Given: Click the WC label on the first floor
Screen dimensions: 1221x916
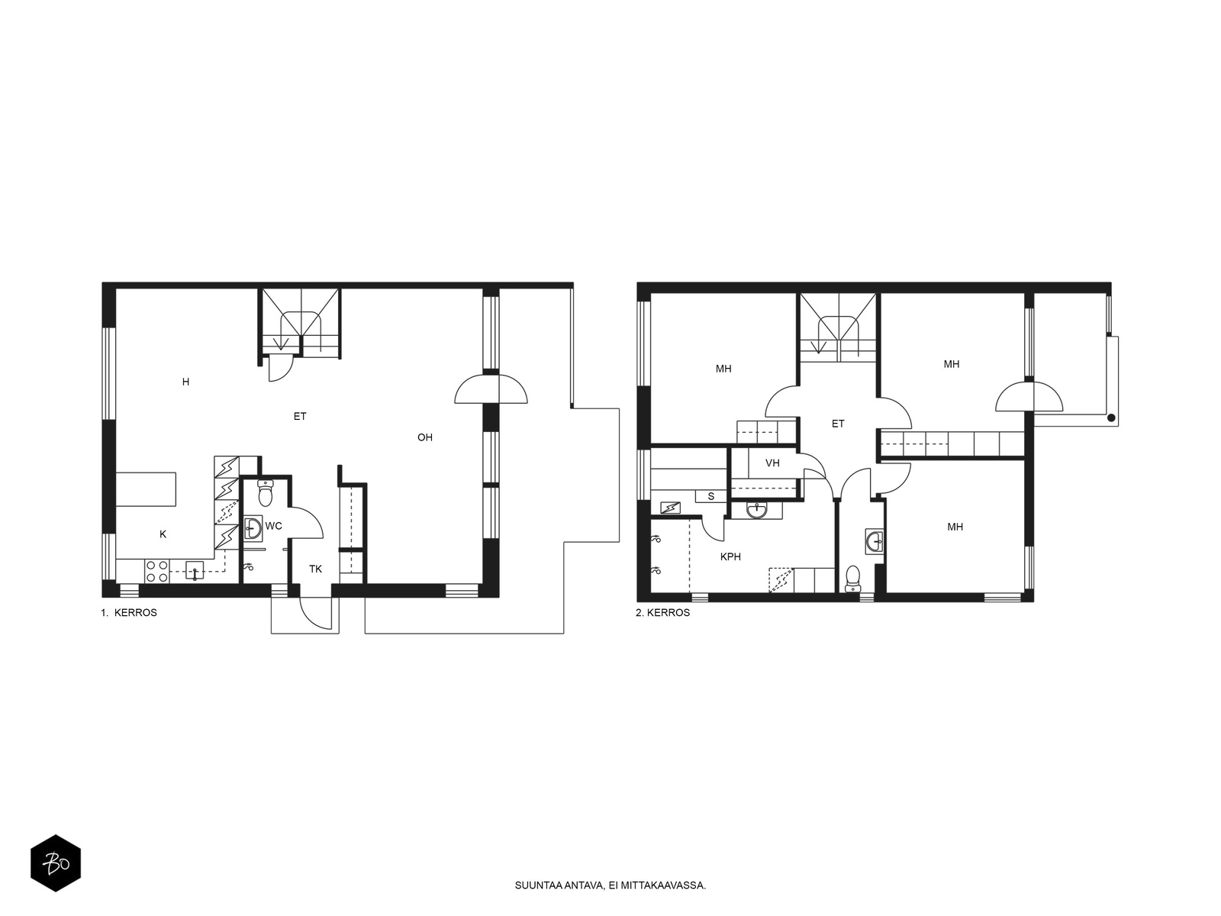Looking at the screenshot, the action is point(274,526).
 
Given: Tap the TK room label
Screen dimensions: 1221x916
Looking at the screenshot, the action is point(315,569).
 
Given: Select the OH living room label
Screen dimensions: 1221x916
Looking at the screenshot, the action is point(425,437).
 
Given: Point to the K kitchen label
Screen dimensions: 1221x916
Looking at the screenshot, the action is point(163,534).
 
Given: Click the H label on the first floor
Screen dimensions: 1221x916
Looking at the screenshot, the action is point(185,382).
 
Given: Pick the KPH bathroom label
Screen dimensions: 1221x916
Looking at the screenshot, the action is point(730,556).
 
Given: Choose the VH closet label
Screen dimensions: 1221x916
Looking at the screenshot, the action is point(772,463).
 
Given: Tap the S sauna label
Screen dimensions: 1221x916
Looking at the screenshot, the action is point(711,497).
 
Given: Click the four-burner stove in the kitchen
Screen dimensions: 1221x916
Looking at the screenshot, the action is point(157,571).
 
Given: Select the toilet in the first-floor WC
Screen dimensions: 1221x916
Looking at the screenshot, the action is point(266,493).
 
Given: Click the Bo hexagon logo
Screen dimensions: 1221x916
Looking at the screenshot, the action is point(56,863).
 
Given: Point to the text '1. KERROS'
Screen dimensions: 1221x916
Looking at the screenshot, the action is point(129,613).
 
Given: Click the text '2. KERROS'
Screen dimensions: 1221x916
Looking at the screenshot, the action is point(662,613).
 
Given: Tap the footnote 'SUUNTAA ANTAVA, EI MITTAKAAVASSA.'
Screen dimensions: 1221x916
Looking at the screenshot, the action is point(610,885).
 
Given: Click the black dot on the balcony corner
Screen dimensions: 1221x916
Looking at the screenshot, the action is point(1111,418).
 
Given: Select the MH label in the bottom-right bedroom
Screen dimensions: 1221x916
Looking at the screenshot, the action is point(955,527).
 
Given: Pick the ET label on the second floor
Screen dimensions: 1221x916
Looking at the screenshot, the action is point(838,424).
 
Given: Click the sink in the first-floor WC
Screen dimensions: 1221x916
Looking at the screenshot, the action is point(253,527).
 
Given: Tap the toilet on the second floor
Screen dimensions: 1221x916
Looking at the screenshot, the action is point(852,579).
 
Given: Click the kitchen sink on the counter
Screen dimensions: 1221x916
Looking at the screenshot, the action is point(195,571).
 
